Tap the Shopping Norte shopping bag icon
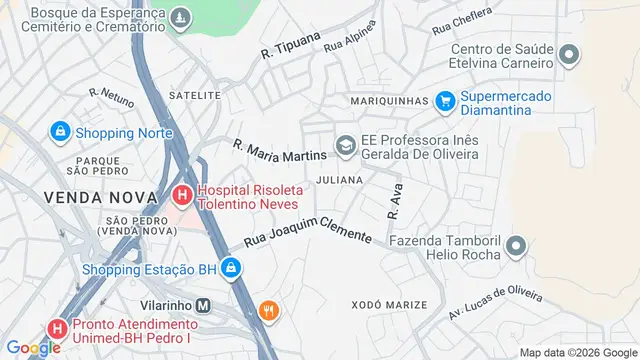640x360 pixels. (x=59, y=131)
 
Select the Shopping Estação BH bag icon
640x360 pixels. (x=231, y=268)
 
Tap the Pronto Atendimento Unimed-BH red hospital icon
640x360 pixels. (x=58, y=328)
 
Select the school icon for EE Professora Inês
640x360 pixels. (x=345, y=147)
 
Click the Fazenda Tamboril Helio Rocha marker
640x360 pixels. (x=516, y=246)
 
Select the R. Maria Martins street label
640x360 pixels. (x=279, y=150)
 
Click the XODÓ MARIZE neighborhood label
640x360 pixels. (x=389, y=304)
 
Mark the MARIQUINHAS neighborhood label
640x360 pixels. (x=389, y=101)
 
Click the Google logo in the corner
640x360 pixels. (x=33, y=347)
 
